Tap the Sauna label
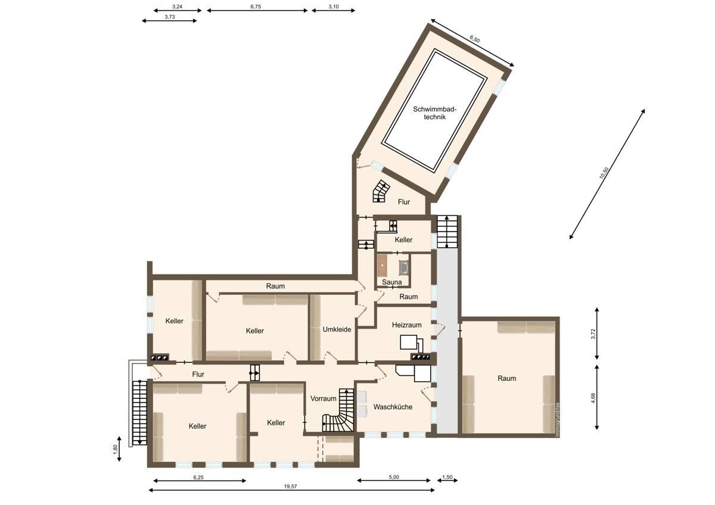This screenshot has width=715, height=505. tap(391, 282)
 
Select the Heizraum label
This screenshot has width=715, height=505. tap(407, 325)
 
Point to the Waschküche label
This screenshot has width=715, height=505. tap(393, 407)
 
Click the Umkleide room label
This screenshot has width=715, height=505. tap(337, 329)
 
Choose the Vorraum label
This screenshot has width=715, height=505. tap(324, 398)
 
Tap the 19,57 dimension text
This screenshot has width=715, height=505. tap(290, 486)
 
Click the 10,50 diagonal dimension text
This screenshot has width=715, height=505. tap(604, 173)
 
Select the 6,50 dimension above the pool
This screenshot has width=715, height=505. tap(474, 39)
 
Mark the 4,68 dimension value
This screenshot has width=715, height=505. tap(593, 397)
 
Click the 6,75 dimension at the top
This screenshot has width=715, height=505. tap(256, 7)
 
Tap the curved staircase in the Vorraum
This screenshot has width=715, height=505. tap(340, 416)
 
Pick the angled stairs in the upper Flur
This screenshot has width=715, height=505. tap(380, 192)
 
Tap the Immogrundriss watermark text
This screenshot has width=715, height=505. tap(558, 420)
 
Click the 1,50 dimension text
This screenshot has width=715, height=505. tap(448, 477)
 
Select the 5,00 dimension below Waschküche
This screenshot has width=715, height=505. tap(394, 477)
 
